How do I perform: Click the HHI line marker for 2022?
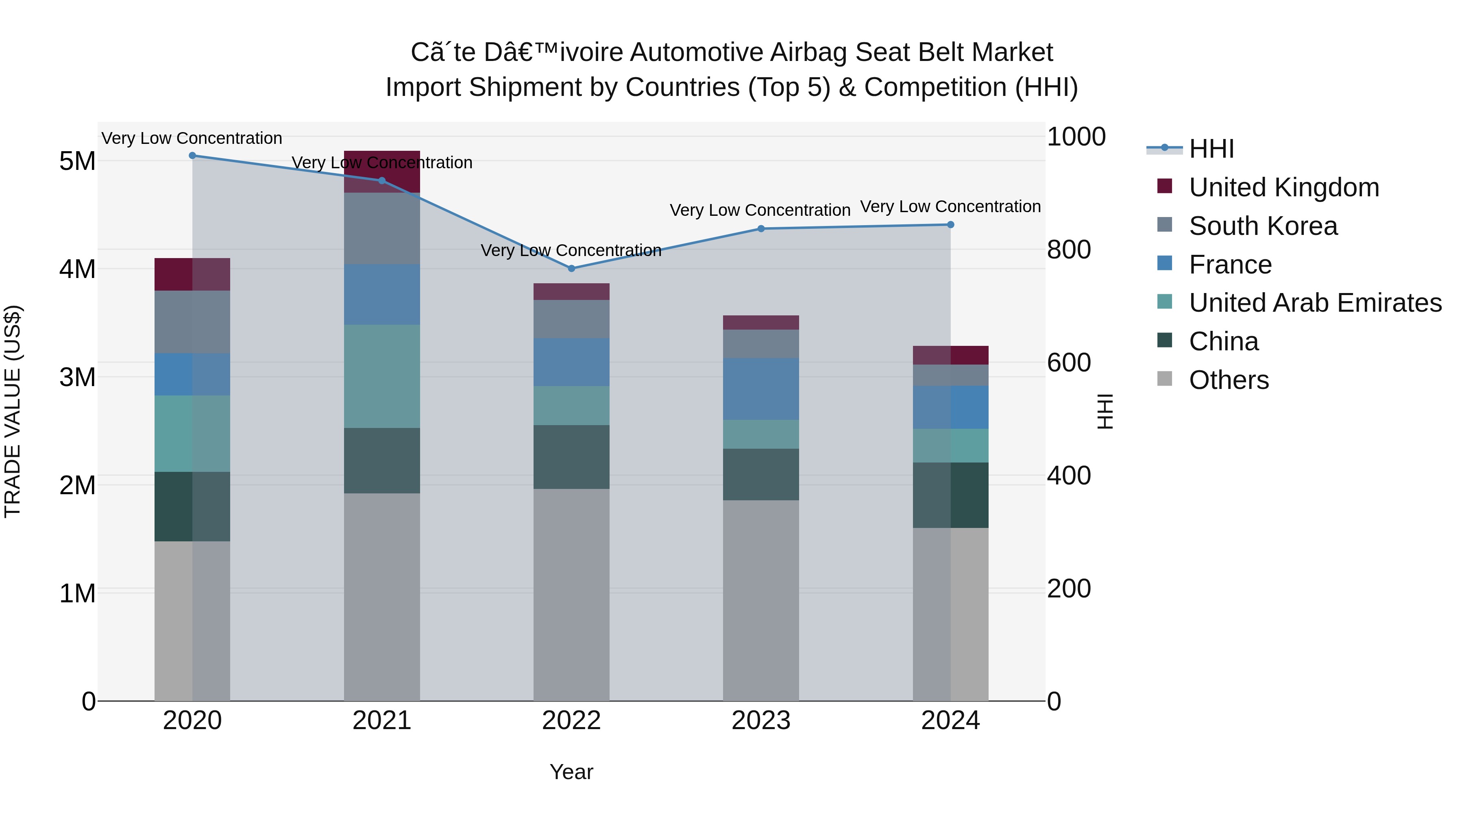[571, 268]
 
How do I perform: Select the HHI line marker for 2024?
[950, 225]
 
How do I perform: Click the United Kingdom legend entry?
[1283, 187]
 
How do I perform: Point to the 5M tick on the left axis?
[77, 161]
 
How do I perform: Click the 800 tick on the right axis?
[1068, 250]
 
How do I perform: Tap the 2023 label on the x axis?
[760, 721]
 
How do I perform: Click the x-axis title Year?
[571, 772]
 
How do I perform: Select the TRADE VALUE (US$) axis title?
[13, 411]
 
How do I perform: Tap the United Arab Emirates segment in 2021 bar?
[382, 376]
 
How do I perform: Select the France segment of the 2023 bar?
[760, 389]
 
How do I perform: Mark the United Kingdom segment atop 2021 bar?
[382, 171]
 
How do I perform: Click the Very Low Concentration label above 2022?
[571, 250]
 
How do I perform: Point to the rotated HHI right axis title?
[1105, 411]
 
